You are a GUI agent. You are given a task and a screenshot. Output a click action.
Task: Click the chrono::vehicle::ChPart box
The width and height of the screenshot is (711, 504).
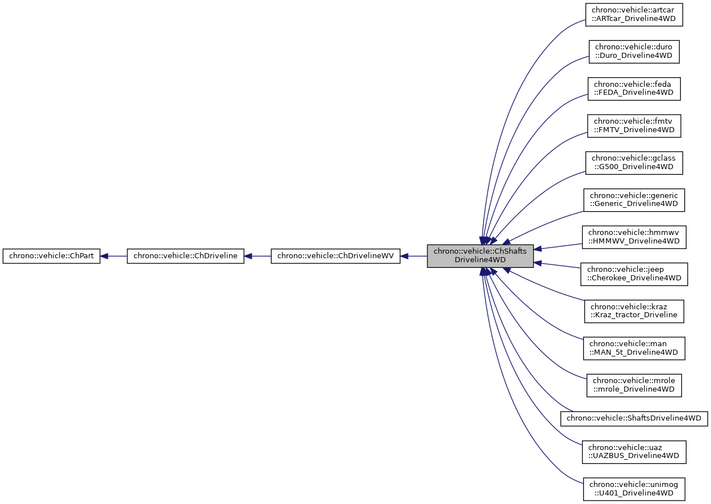tap(52, 256)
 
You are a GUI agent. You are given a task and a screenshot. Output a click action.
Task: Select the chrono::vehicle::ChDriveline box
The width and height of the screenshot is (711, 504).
tap(185, 256)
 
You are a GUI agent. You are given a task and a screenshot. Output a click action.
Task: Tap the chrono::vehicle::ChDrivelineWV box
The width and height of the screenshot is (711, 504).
tap(335, 256)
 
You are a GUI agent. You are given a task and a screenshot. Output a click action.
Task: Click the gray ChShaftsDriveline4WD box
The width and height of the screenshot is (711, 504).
tap(480, 256)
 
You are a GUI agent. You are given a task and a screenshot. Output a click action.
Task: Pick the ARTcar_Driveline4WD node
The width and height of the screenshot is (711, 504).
tap(634, 15)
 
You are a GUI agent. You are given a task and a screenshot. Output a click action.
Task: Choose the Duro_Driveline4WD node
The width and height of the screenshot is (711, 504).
tap(634, 51)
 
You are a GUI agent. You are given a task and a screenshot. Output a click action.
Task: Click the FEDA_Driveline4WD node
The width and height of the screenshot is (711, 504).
tap(634, 88)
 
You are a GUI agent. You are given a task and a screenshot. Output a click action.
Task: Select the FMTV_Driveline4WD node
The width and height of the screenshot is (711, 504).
tap(634, 125)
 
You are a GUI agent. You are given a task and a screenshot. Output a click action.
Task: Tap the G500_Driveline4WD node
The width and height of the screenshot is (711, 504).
tap(634, 162)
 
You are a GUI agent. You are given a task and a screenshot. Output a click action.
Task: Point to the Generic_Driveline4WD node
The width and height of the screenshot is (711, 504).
tap(634, 200)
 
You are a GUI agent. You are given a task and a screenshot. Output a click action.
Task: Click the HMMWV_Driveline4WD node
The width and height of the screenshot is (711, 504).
tap(634, 237)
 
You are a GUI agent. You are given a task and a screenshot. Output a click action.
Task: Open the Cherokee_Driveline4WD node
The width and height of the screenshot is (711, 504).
tap(634, 274)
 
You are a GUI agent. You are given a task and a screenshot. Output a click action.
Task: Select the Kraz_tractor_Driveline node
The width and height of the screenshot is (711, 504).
tap(634, 310)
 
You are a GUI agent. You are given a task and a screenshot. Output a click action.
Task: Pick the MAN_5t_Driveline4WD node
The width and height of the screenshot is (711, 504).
tap(634, 348)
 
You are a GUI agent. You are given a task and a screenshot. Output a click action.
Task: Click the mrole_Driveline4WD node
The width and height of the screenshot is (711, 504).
tap(634, 385)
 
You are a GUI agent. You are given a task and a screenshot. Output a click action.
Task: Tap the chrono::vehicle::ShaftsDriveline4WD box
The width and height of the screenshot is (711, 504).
tap(634, 418)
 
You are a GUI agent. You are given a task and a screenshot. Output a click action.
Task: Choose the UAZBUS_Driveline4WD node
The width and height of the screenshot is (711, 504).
tap(634, 452)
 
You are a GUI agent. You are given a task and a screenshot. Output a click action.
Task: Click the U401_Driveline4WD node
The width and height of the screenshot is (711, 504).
tap(634, 489)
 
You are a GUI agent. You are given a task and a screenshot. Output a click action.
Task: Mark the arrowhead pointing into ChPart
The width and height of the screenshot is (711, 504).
tap(105, 256)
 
